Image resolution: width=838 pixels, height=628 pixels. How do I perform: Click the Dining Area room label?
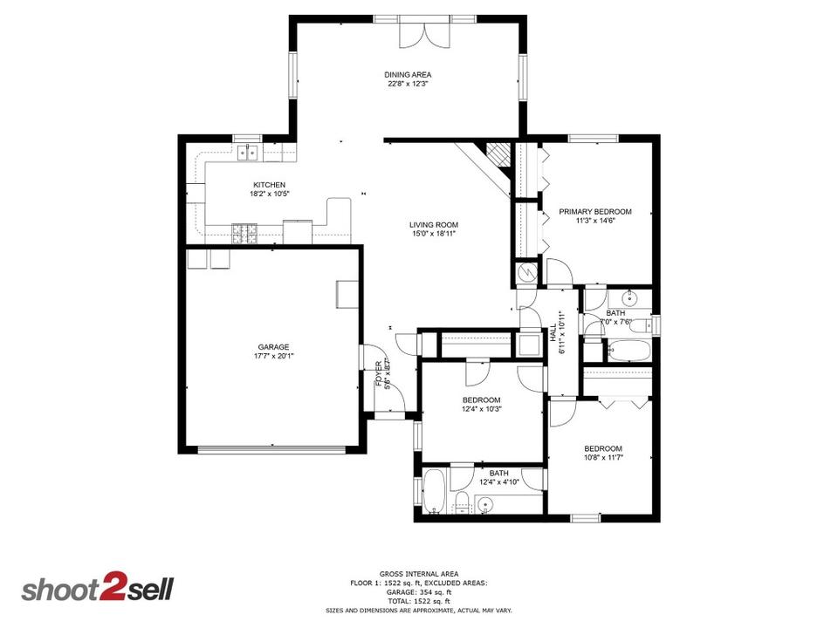click(409, 74)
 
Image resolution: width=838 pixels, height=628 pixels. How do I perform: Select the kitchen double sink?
click(248, 154)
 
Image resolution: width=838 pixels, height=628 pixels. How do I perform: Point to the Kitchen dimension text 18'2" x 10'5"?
click(269, 194)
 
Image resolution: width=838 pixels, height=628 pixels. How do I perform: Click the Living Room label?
click(434, 225)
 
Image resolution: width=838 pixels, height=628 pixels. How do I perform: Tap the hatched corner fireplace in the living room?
click(498, 154)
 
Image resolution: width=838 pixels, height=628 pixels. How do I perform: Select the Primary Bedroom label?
click(595, 211)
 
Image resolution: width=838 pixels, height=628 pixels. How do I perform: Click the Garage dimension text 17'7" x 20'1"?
click(272, 357)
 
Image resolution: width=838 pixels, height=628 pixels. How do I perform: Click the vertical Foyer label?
click(378, 373)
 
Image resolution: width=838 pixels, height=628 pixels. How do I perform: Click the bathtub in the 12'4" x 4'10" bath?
click(434, 494)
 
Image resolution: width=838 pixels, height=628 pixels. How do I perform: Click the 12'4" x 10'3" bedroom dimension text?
click(482, 409)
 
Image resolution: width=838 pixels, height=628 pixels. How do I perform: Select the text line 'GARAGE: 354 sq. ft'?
click(418, 593)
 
